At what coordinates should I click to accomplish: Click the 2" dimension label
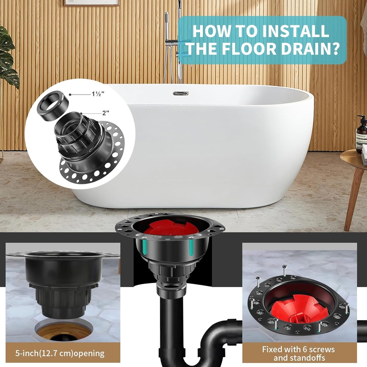pos(105,113)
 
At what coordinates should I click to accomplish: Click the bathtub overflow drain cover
pos(181,94)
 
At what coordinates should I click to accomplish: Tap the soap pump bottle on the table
pos(361,134)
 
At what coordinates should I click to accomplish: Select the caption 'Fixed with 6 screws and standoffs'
pos(298,353)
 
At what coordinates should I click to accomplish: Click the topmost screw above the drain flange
pos(284,270)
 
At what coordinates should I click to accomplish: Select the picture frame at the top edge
pos(91,3)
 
